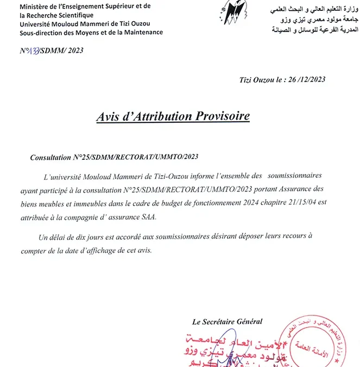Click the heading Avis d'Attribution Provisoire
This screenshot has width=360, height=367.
173,116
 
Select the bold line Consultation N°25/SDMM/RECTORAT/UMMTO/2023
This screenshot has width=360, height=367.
114,157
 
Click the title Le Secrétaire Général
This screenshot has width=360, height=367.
227,321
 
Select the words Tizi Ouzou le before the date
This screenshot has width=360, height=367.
258,79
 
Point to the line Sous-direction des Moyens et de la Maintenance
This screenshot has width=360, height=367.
91,32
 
